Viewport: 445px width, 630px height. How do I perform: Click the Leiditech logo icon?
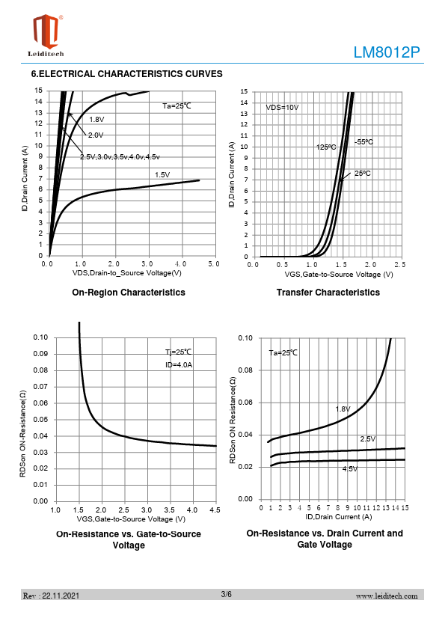pos(46,31)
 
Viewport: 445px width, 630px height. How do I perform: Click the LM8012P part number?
pos(387,52)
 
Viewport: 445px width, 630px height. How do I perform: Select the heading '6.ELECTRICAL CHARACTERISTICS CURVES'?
pos(127,74)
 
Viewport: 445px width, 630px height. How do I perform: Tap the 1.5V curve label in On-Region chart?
pos(162,175)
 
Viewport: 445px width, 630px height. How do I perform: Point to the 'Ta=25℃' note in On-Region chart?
pos(177,106)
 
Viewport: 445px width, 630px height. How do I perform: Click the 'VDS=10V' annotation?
pos(283,108)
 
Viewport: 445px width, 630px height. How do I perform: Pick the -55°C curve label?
pos(363,142)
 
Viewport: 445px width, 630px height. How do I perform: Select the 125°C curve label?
pos(326,147)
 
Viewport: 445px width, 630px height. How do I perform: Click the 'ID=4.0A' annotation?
pos(179,365)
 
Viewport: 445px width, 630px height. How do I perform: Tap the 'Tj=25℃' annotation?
pos(179,352)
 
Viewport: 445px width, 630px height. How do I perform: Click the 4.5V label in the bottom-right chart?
pos(350,469)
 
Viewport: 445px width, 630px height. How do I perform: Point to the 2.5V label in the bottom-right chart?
pos(368,438)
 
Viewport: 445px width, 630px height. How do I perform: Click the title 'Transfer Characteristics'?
pos(328,293)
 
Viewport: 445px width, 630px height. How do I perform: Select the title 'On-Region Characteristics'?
pos(129,293)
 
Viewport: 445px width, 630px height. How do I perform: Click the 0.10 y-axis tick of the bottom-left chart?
pos(40,337)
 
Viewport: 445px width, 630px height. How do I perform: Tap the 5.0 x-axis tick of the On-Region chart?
pos(214,264)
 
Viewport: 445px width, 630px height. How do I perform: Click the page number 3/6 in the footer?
pos(226,594)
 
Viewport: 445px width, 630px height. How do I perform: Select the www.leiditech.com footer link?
pos(387,596)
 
